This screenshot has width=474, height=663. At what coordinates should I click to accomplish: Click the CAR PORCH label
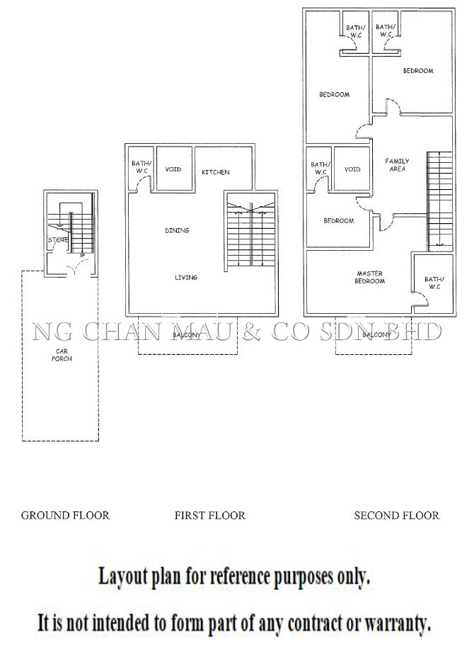(x=62, y=355)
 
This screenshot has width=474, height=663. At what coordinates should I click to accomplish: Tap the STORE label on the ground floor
(x=58, y=239)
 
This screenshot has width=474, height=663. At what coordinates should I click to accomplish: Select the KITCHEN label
(x=216, y=172)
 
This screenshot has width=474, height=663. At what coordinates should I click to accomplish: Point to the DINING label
(x=177, y=230)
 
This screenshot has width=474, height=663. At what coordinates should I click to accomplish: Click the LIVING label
(x=186, y=278)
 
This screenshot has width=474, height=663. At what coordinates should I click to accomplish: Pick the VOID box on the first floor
(x=174, y=169)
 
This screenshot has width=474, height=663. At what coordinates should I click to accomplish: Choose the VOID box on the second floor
(x=352, y=169)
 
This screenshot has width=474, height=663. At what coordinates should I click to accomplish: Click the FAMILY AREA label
(x=397, y=165)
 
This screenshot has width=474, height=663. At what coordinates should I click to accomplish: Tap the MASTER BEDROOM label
(x=370, y=278)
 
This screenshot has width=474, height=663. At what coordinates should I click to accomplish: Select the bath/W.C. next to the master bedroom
(x=434, y=283)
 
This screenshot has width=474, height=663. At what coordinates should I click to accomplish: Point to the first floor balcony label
(x=187, y=335)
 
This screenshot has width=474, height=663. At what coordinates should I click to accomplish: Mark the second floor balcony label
(x=377, y=335)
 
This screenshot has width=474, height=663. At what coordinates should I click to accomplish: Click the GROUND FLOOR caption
(x=65, y=516)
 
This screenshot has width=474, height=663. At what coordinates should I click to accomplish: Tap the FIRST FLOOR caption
(x=210, y=516)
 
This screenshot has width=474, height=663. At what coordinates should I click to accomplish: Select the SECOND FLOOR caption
(x=397, y=516)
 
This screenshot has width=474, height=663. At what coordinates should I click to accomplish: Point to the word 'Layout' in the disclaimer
(x=123, y=577)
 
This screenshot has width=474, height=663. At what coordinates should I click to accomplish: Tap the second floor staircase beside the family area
(x=440, y=202)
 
